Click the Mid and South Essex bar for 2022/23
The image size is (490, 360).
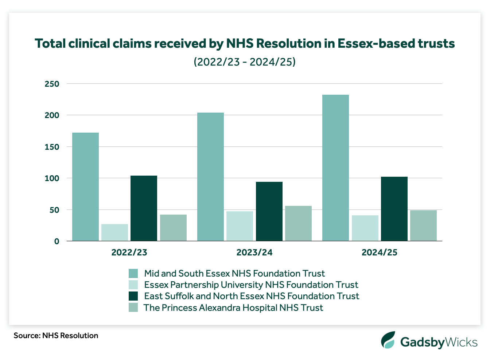point(85,187)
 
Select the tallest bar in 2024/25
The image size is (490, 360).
point(335,168)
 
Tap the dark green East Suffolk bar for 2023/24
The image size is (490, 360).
point(269,211)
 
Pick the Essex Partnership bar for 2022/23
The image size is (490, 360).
point(114,232)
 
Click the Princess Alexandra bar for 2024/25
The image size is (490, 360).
point(423,226)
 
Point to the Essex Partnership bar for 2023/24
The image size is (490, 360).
point(240,226)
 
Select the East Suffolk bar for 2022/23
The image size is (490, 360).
point(144,208)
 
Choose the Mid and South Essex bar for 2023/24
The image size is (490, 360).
point(210,177)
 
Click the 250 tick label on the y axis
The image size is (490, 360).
point(52,84)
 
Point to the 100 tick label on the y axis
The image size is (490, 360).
point(52,178)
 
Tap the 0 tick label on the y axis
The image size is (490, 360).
point(57,241)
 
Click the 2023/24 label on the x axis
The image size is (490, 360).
point(254,253)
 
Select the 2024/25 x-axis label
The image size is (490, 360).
point(379,253)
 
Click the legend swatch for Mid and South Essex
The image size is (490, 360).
point(133,274)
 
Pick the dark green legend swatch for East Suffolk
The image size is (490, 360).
point(133,296)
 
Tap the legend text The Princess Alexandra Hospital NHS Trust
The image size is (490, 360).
point(233,308)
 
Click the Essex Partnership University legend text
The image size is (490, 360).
point(251,285)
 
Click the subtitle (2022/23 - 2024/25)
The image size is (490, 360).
point(245,62)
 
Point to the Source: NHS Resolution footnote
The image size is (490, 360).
point(56,335)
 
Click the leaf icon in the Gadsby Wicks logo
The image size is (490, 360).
point(388,340)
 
